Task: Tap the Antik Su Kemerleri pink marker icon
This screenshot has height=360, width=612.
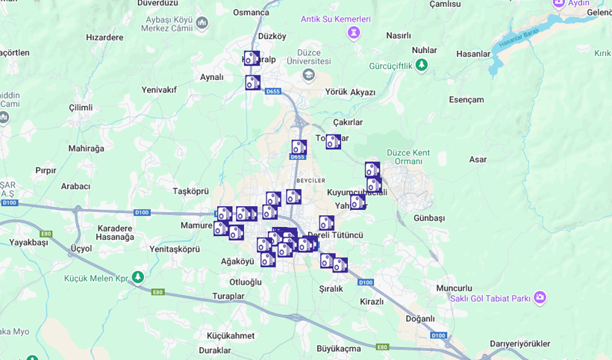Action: [354, 33]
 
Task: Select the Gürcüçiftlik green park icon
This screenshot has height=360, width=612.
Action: [422, 66]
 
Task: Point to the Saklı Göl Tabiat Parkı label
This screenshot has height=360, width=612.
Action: [490, 298]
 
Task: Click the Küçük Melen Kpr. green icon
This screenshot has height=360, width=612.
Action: [138, 277]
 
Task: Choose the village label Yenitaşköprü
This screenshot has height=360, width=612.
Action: [175, 249]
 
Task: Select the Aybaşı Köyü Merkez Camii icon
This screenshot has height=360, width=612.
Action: [202, 22]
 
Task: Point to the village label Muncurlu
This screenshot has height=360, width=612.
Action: [454, 288]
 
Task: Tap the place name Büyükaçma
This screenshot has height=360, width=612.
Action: [339, 348]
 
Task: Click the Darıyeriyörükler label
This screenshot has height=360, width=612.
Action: [520, 344]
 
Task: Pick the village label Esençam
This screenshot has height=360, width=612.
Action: [466, 99]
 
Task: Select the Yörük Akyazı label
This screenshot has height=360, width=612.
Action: [350, 92]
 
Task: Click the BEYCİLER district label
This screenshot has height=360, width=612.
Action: [310, 181]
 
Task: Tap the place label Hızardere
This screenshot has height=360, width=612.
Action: [104, 37]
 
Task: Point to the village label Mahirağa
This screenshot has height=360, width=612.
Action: [87, 148]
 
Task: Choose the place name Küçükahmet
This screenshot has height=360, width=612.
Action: [231, 335]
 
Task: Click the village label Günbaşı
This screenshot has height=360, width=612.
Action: [429, 218]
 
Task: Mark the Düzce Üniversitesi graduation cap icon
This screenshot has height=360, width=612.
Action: [309, 75]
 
